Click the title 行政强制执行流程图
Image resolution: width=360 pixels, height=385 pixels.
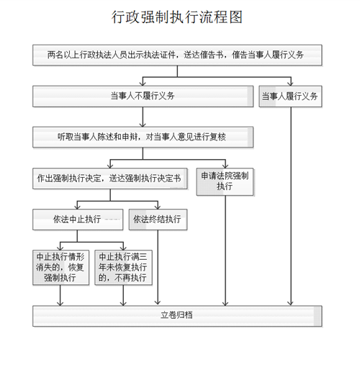tap(177, 17)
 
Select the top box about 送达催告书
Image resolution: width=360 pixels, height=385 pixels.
tap(177, 55)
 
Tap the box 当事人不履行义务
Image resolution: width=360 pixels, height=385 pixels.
tap(143, 96)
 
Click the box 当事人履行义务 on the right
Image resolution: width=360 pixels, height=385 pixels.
tap(290, 96)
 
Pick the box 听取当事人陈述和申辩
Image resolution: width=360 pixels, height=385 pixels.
tap(143, 137)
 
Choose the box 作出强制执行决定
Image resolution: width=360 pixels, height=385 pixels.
tap(110, 178)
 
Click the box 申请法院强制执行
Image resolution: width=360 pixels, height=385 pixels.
tap(225, 181)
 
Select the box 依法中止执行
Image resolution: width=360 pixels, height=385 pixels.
tap(78, 219)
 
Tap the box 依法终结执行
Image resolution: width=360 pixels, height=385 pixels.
tap(158, 219)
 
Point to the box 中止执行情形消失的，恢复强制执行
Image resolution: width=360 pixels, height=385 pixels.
tap(60, 268)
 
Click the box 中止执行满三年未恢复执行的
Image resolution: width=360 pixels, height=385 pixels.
tap(123, 268)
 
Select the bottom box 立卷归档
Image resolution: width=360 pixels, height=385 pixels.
tap(177, 316)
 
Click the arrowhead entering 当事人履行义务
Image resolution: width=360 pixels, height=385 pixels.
tap(291, 83)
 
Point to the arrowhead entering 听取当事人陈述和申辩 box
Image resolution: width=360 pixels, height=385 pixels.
tap(143, 124)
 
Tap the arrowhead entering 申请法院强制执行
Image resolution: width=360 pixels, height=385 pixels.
tap(225, 166)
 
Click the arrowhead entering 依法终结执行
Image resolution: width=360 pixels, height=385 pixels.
tap(158, 207)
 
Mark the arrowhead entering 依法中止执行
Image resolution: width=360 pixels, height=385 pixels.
tap(78, 207)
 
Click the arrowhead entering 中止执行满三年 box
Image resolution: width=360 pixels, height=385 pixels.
tap(123, 248)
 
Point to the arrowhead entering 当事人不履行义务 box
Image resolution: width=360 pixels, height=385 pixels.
tap(143, 83)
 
